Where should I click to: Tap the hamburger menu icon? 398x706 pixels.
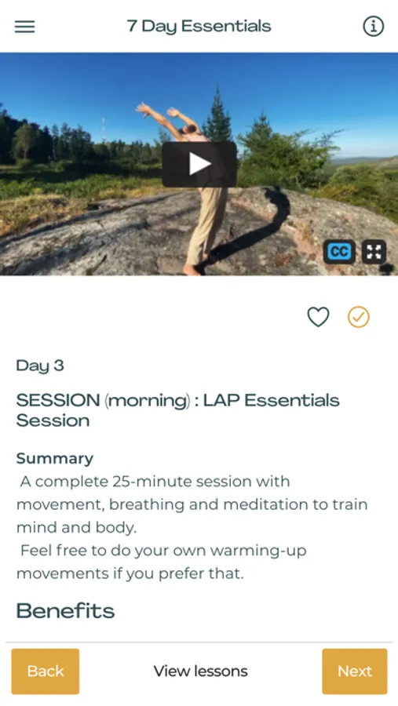click(25, 27)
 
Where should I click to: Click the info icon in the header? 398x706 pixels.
click(373, 27)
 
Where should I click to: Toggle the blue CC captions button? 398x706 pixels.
click(339, 252)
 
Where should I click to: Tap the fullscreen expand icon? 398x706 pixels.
click(374, 252)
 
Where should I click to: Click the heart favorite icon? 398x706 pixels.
click(318, 317)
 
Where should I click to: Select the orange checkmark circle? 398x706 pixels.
click(358, 317)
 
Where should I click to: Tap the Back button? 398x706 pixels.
click(46, 671)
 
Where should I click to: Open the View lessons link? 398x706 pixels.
click(201, 671)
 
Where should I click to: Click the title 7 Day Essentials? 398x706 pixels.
click(199, 26)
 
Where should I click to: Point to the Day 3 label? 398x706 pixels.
click(40, 365)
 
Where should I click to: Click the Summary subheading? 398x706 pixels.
click(55, 458)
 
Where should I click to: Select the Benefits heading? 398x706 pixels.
click(65, 610)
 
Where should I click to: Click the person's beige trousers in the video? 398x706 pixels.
click(207, 225)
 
